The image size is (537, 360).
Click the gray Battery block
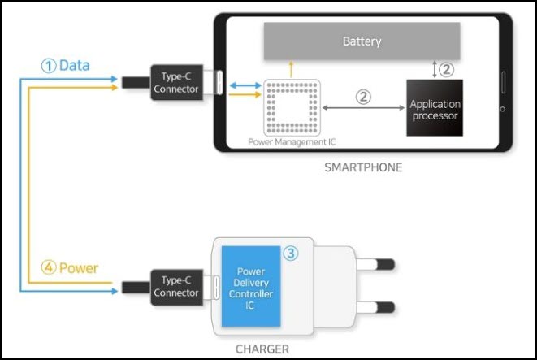(x=362, y=41)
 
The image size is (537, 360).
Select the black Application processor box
(x=435, y=108)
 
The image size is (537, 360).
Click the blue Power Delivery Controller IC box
(x=251, y=288)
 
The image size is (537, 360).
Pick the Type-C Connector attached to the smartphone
(x=175, y=83)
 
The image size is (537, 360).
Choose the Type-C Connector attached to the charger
(x=175, y=287)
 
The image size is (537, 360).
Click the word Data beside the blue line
(x=75, y=65)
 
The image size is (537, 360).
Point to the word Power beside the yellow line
(x=79, y=267)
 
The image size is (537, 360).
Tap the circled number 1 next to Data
(x=49, y=66)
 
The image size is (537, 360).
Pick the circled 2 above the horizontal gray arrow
(x=363, y=96)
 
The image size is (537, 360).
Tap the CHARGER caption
(x=262, y=349)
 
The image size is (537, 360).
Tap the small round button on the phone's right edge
(x=503, y=110)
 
